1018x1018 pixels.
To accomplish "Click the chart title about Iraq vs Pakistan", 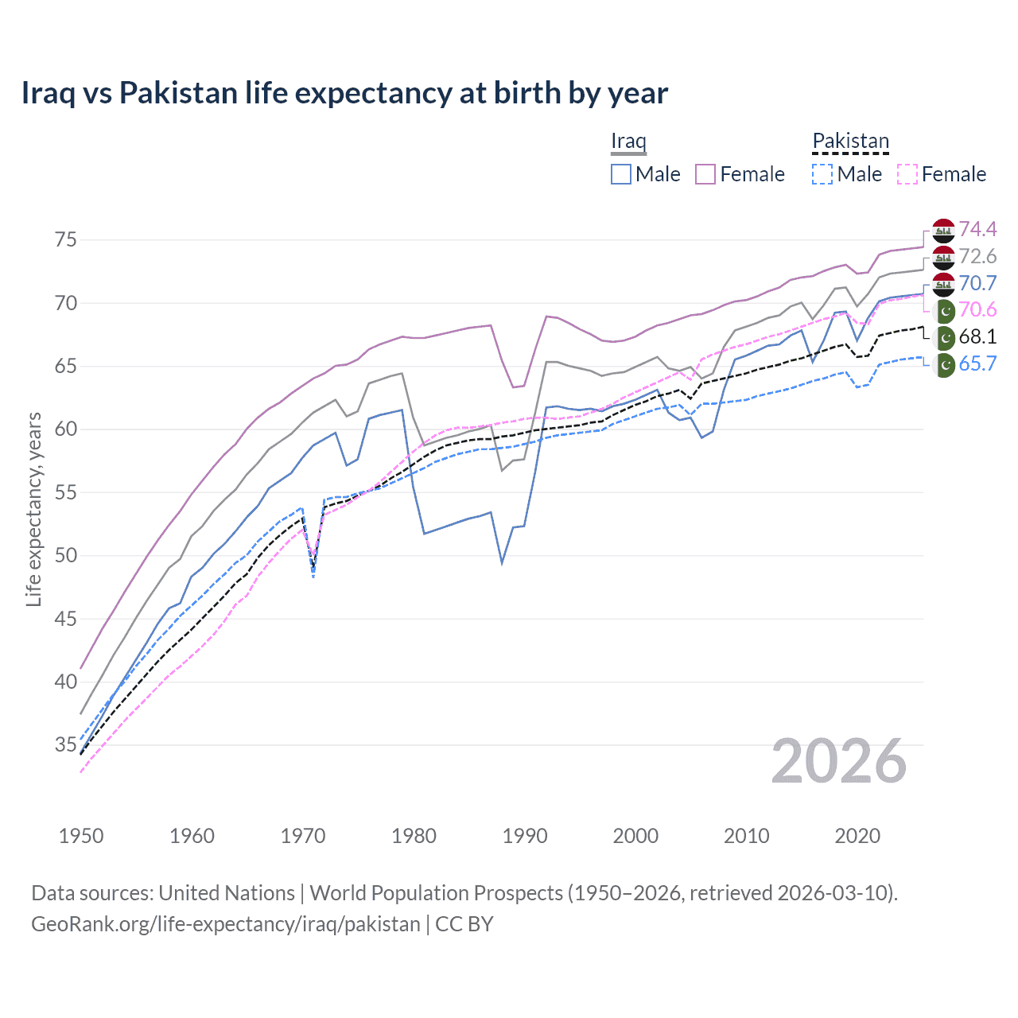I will [344, 93].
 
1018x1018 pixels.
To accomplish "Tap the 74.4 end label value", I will [977, 229].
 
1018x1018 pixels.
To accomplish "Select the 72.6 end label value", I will [977, 256].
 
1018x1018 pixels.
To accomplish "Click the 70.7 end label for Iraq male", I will [977, 283].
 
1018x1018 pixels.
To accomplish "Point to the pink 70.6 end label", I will [977, 309].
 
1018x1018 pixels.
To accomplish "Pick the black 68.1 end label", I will [977, 336].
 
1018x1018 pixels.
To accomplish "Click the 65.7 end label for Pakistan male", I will [977, 363].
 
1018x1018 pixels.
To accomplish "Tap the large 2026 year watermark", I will [838, 761].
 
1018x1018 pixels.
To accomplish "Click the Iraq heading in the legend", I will [628, 141].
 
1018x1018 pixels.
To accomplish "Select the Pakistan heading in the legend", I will [850, 141].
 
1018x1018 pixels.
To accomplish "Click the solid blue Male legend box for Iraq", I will [621, 174].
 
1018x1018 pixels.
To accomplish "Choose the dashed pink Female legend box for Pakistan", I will [907, 174].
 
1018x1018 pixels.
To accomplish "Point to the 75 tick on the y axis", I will [66, 239].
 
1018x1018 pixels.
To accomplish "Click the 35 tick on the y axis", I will [66, 745].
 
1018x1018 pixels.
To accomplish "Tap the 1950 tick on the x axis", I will [81, 836].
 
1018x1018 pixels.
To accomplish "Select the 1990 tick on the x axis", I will [525, 836].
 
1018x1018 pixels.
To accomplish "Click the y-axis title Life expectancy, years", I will [33, 509].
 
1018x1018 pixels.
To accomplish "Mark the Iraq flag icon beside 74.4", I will [943, 230].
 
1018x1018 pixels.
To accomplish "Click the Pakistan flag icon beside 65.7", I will [944, 364].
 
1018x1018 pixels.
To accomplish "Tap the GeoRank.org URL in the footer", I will [225, 924].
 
